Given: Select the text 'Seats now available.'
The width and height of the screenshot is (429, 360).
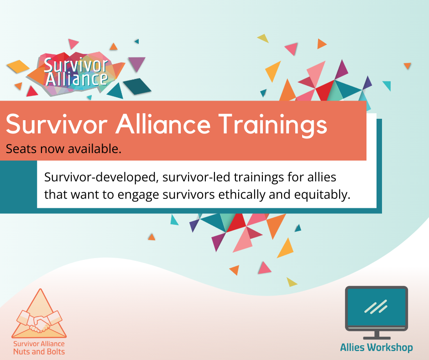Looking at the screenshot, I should [x=63, y=149].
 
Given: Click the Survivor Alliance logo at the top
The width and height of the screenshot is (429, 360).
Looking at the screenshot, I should [x=76, y=72].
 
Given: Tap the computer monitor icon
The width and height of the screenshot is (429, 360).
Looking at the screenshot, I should [x=376, y=309].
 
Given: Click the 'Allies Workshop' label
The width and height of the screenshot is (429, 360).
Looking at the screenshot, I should [x=376, y=348].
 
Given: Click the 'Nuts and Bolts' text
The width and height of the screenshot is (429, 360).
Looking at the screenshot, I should [x=39, y=351].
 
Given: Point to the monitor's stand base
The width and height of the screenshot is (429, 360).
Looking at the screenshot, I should [x=376, y=337].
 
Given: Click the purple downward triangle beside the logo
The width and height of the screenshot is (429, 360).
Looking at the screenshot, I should [x=136, y=64].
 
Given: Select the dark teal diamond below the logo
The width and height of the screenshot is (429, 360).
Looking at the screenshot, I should [x=137, y=86].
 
